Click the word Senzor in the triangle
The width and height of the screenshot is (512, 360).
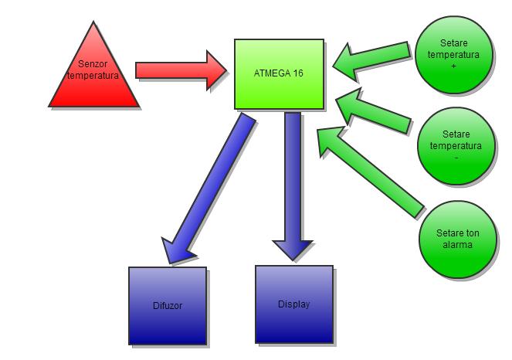point(94,65)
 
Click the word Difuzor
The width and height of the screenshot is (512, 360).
point(168,306)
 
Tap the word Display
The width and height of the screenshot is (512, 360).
point(294,304)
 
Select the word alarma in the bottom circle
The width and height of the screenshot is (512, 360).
point(456,244)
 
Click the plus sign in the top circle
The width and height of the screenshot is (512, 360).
point(454,66)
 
